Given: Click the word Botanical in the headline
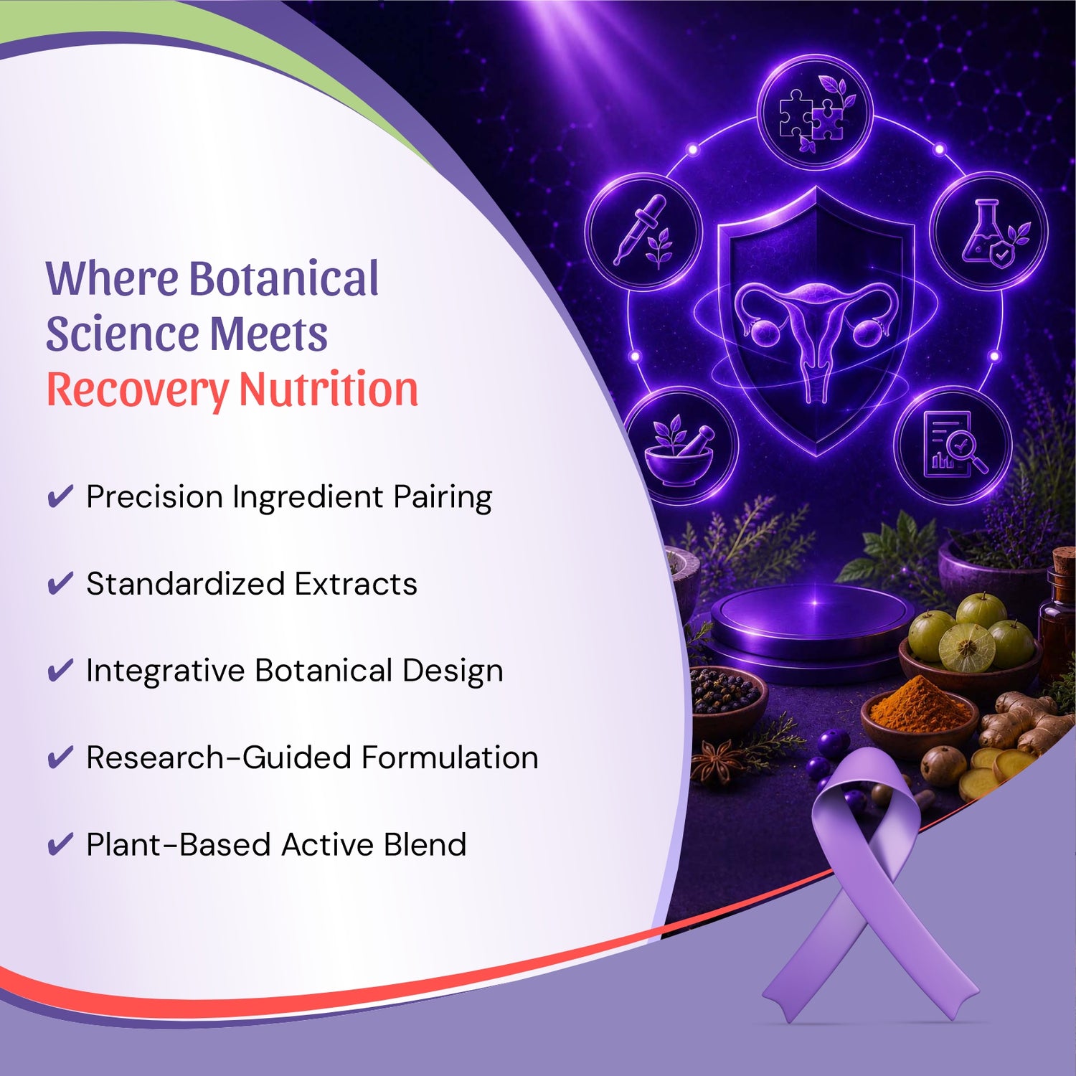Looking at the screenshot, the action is [284, 278].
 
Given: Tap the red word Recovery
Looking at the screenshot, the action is [137, 391].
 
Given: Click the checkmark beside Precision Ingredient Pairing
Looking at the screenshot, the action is [60, 496].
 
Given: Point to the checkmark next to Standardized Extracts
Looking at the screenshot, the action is [60, 583].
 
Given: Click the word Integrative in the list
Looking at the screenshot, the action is [165, 671].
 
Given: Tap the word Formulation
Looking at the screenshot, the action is [450, 758].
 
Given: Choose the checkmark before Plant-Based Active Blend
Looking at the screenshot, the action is [60, 844].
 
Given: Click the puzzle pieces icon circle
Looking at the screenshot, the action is [816, 113].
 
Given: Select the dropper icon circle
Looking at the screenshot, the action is [643, 232].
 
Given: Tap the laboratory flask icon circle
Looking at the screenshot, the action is [989, 230].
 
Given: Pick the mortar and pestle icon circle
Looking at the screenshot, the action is [680, 446].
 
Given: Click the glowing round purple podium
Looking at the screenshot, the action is [812, 624].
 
